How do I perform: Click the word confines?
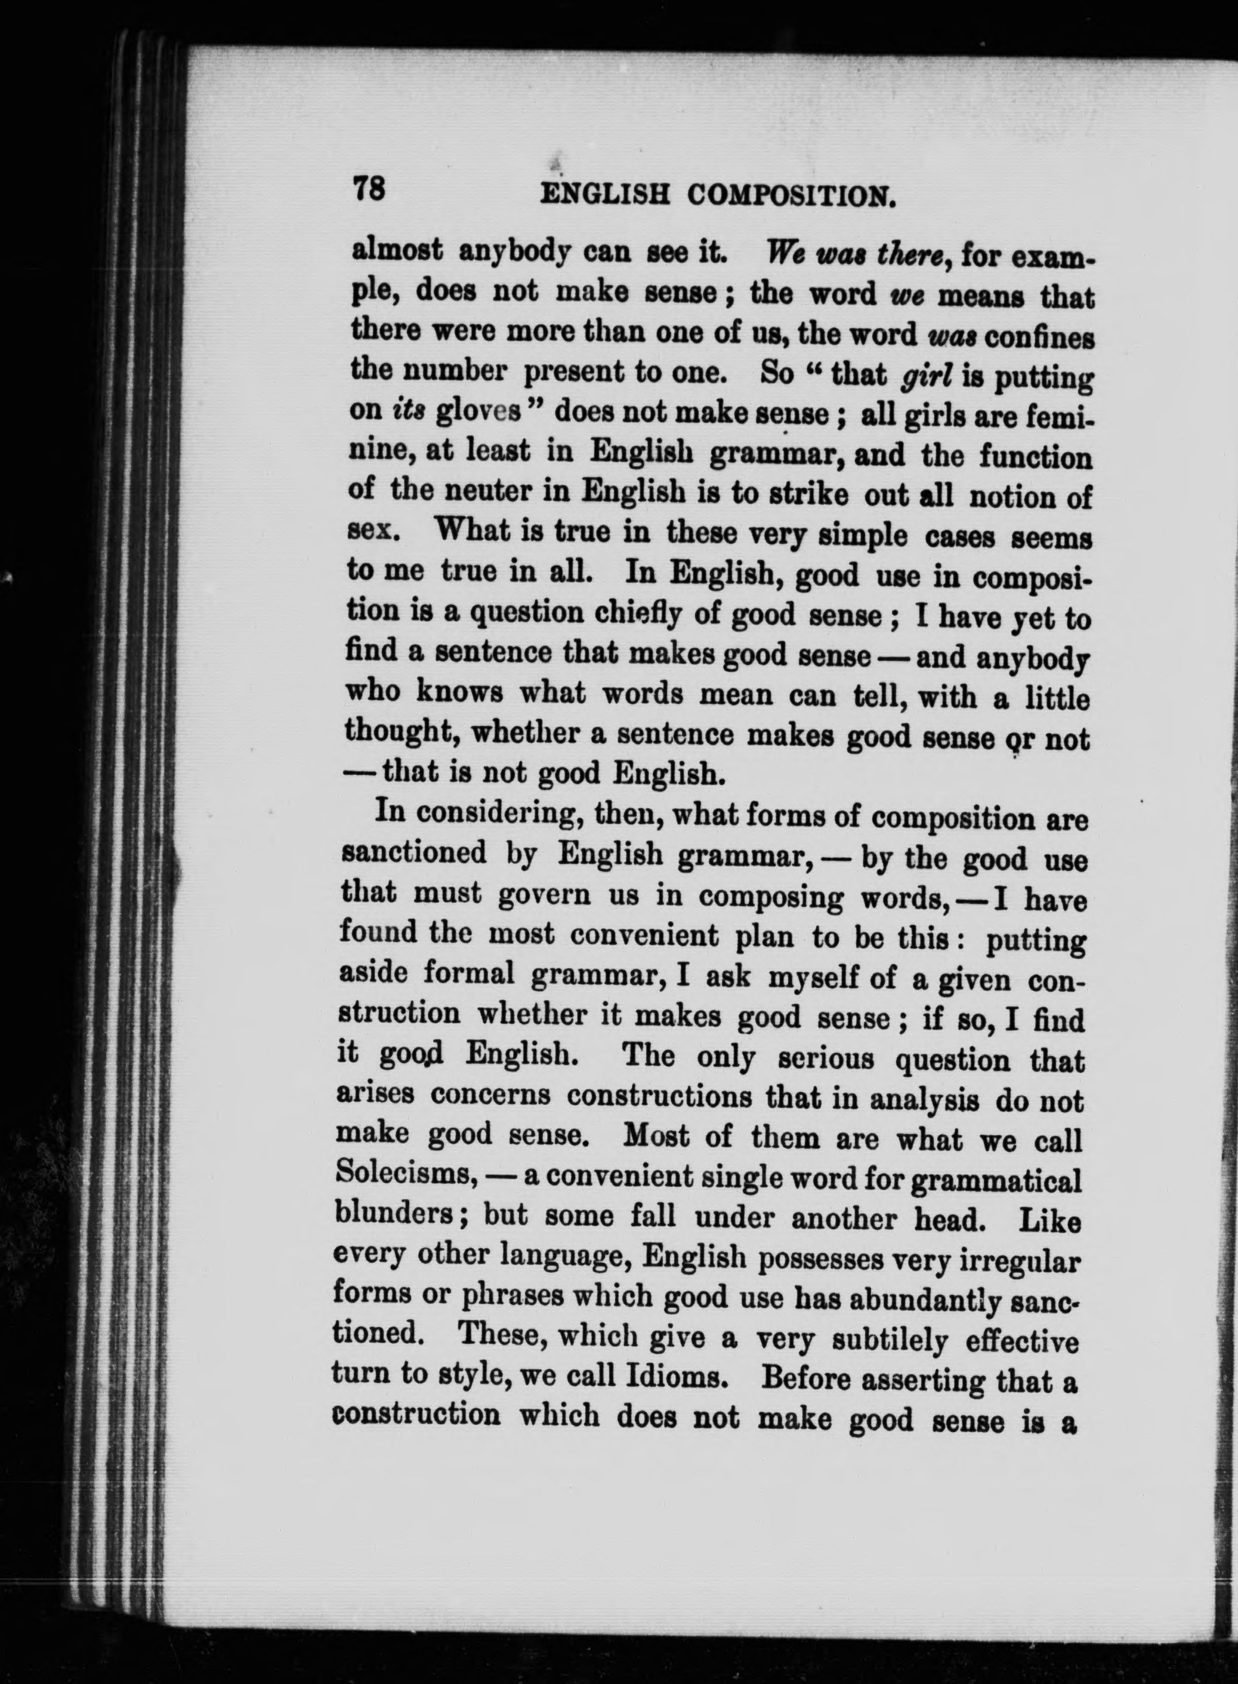[1039, 337]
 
